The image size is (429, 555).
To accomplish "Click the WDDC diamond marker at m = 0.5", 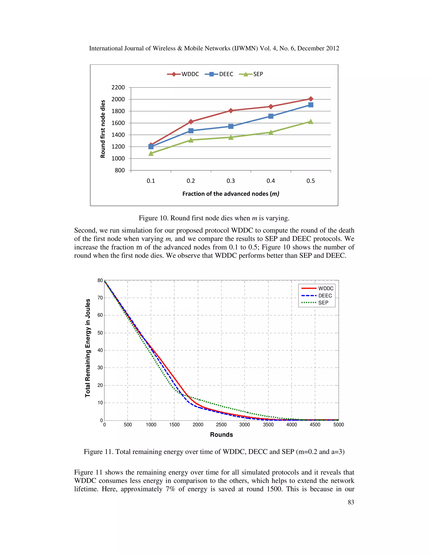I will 311,99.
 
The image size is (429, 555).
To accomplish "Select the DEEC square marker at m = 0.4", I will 271,116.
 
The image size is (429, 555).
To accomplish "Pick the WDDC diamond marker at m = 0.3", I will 231,111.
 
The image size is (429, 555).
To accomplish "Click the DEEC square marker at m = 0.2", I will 191,131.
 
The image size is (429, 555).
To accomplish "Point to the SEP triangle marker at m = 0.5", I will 311,122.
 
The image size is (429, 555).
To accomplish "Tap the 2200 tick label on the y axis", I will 118,87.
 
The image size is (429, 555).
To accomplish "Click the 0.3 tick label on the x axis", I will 231,181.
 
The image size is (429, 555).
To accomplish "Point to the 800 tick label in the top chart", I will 120,170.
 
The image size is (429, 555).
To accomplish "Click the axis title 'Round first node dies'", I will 103,129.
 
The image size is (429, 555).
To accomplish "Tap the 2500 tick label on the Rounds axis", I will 221,425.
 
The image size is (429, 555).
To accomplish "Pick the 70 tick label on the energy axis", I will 100,298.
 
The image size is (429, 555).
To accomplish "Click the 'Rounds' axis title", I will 221,435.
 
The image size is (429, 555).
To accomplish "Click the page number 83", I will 351,502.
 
